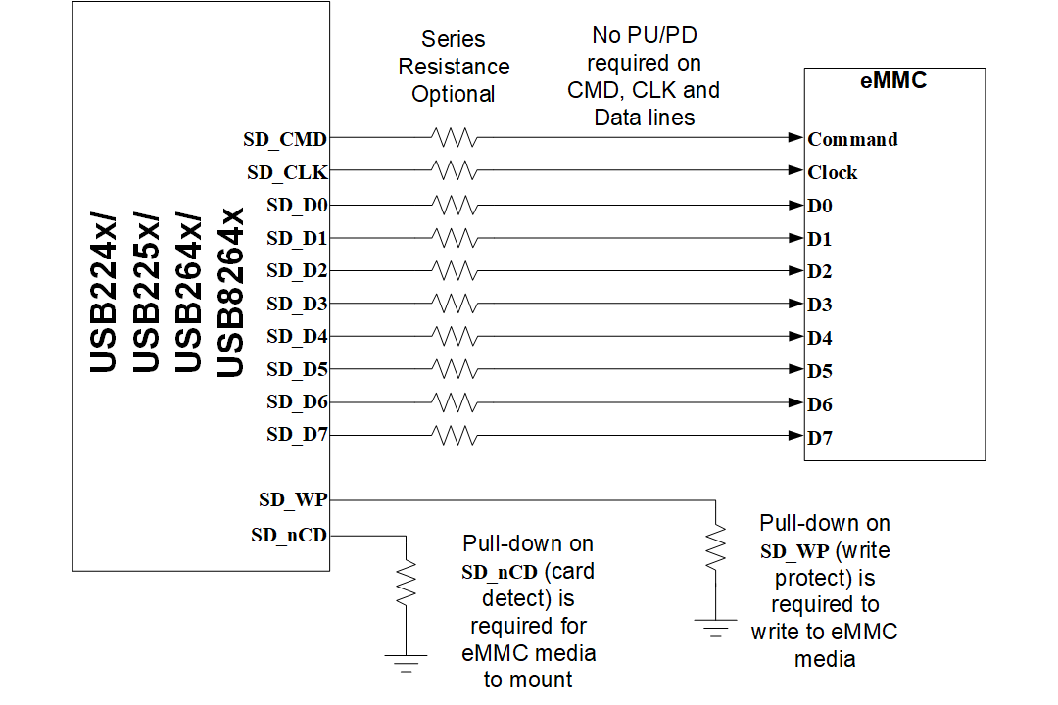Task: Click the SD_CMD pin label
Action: pyautogui.click(x=285, y=139)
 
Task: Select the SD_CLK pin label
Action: pyautogui.click(x=287, y=172)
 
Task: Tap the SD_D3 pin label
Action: pyautogui.click(x=297, y=304)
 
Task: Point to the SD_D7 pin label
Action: pyautogui.click(x=297, y=435)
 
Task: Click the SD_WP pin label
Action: pyautogui.click(x=293, y=499)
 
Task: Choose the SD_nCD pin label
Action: pyautogui.click(x=289, y=535)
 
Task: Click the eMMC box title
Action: pyautogui.click(x=892, y=81)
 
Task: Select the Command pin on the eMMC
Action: pyautogui.click(x=852, y=139)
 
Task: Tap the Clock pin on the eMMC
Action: pyautogui.click(x=833, y=172)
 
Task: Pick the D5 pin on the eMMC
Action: pyautogui.click(x=820, y=371)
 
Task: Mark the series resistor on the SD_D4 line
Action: pyautogui.click(x=454, y=336)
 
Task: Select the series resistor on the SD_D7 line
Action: pyautogui.click(x=454, y=435)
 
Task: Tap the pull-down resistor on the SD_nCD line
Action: pyautogui.click(x=406, y=584)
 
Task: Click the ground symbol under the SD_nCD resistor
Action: pyautogui.click(x=406, y=662)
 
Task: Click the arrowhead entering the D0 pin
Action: pyautogui.click(x=795, y=205)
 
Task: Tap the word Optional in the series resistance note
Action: pyautogui.click(x=453, y=94)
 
